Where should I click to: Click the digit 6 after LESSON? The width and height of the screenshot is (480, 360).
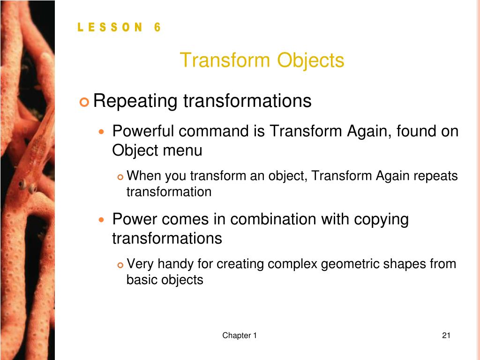click(157, 27)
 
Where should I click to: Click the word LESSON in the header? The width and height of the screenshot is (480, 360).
click(110, 27)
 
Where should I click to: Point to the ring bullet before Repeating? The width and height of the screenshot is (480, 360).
click(84, 102)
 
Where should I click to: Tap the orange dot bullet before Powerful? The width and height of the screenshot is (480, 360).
click(102, 132)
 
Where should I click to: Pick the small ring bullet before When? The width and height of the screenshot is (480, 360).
click(120, 177)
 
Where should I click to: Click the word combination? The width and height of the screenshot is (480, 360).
click(273, 219)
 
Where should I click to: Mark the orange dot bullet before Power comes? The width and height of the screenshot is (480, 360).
click(102, 219)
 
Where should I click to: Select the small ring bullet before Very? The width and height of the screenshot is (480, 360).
click(120, 265)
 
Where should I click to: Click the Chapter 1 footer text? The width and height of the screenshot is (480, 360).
click(240, 336)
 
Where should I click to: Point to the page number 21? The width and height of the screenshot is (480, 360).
click(446, 336)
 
